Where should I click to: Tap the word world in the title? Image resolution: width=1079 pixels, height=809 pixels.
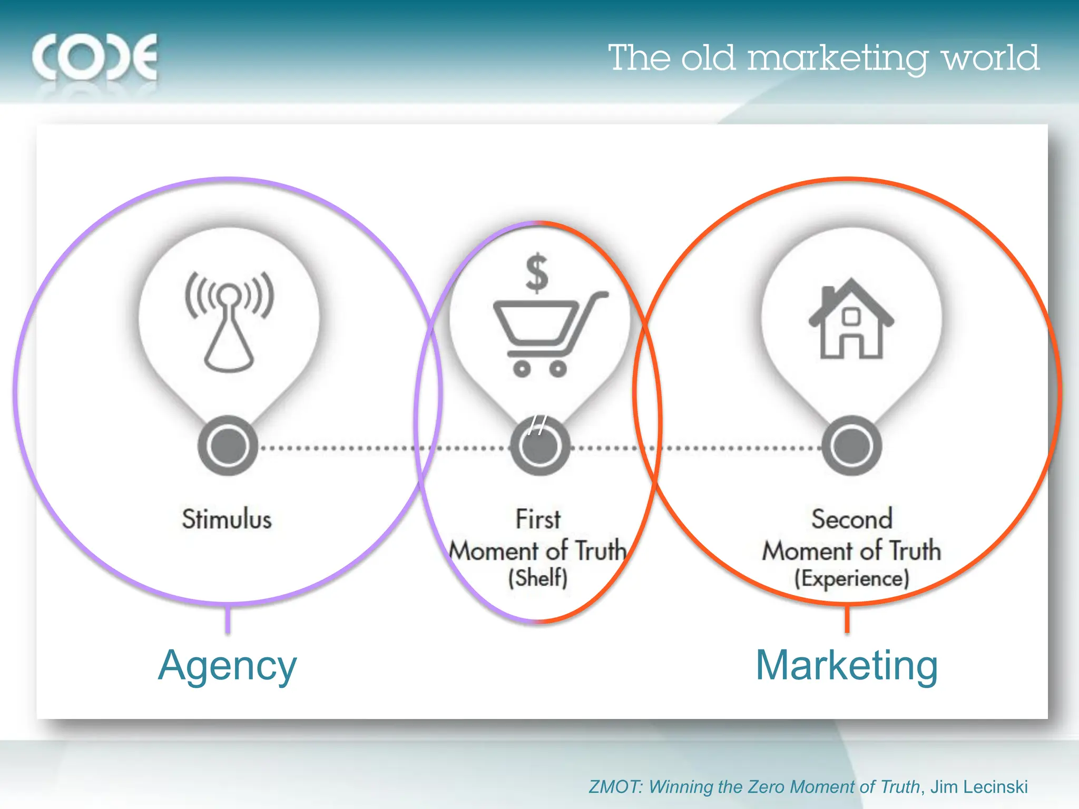point(990,58)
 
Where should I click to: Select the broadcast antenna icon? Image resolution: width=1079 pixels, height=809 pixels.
point(229,321)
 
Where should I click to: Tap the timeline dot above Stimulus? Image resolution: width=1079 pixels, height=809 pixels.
point(228,446)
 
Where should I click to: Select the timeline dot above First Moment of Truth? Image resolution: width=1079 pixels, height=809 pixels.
point(539,446)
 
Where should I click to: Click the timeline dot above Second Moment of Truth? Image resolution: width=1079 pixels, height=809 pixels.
point(851,446)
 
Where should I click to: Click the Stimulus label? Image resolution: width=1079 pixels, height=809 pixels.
point(227,519)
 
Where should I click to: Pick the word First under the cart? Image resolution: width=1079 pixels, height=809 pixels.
point(538,519)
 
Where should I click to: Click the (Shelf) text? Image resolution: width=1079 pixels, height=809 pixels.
point(538,578)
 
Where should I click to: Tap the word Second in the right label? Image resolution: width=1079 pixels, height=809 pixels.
point(852,519)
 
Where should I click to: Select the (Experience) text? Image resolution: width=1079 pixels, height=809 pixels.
point(852,578)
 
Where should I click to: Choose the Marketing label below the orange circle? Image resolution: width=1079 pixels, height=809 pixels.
point(847,666)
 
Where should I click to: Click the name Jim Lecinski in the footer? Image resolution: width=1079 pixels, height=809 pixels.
point(979,787)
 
